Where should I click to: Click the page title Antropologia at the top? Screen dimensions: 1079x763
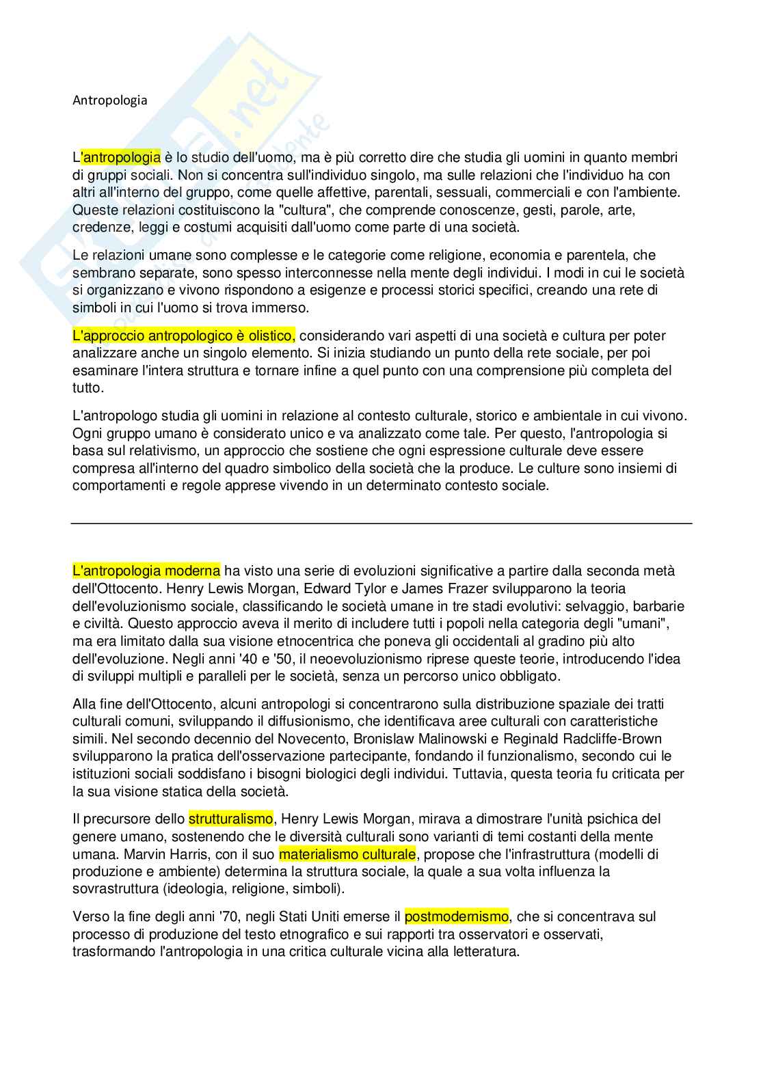(x=109, y=100)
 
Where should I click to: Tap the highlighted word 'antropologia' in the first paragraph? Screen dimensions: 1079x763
(x=121, y=158)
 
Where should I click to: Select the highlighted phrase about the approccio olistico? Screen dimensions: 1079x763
(x=184, y=336)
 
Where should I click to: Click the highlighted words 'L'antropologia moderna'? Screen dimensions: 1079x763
(x=146, y=571)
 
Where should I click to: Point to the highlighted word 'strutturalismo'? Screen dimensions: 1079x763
(x=231, y=819)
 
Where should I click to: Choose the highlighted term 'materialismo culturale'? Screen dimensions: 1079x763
(x=347, y=854)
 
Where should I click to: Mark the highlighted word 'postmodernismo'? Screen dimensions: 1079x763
(x=456, y=916)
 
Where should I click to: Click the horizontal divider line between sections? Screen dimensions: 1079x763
(x=381, y=523)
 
